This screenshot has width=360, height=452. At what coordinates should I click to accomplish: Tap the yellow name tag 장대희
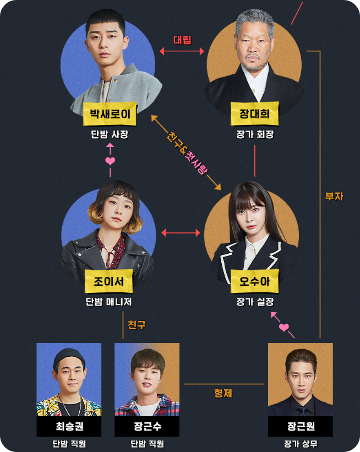(x=255, y=115)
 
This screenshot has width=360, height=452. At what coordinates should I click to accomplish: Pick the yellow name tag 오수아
(x=255, y=283)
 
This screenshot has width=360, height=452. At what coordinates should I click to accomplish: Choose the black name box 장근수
(x=147, y=427)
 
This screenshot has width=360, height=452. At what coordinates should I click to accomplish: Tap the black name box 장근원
(x=301, y=427)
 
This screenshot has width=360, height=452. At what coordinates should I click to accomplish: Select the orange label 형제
(x=223, y=394)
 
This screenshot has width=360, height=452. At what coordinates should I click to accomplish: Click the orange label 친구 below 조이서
(x=137, y=324)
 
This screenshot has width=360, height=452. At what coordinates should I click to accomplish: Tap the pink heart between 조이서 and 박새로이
(x=110, y=161)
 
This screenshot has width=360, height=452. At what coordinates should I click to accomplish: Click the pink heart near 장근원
(x=284, y=328)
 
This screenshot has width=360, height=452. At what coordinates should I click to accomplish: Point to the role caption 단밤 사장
(x=109, y=134)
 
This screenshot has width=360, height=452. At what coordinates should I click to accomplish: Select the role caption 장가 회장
(x=255, y=134)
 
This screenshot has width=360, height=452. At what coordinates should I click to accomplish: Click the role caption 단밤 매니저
(x=109, y=302)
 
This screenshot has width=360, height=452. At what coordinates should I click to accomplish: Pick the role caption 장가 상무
(x=301, y=444)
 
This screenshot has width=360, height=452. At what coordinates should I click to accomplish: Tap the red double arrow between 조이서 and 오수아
(x=181, y=233)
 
